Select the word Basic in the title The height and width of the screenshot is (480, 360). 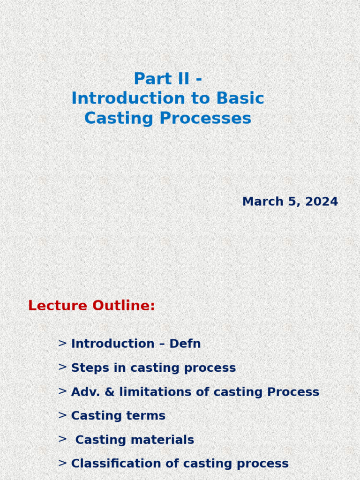(240, 98)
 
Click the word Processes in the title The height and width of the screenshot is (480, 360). (205, 118)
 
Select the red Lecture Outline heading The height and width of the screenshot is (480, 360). (91, 306)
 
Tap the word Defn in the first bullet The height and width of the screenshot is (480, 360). (185, 344)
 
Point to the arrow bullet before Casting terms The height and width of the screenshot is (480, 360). (62, 415)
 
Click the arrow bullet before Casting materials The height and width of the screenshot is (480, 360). (62, 439)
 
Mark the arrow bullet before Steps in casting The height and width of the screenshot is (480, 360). (62, 367)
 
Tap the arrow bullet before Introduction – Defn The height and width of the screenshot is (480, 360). (62, 343)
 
